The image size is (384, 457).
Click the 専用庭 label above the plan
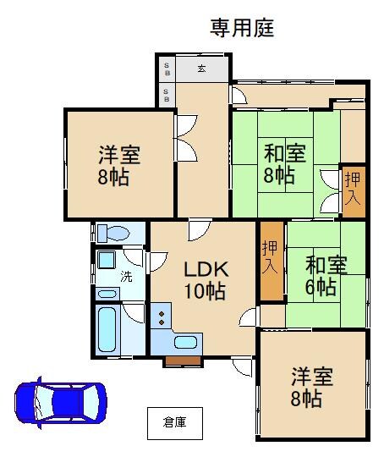click(242, 28)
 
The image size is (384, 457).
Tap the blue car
click(61, 403)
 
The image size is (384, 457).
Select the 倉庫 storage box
click(175, 423)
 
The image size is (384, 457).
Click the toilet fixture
click(113, 233)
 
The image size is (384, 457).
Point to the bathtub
click(107, 330)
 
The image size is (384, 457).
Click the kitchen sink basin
click(185, 342)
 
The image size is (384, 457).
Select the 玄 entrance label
click(202, 69)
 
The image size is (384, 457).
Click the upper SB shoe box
click(167, 69)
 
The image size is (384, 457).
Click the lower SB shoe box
click(167, 96)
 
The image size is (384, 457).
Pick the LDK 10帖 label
click(206, 280)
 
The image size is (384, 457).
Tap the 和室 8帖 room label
click(285, 164)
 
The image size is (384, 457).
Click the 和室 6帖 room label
click(326, 276)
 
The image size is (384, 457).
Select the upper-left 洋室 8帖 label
click(119, 166)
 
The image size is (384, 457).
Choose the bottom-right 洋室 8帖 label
click(312, 387)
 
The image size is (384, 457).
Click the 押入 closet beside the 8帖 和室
click(354, 192)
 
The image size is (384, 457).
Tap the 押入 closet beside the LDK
click(272, 261)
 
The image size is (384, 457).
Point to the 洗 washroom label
click(126, 276)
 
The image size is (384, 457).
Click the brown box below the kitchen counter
click(183, 361)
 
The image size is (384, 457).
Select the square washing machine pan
click(106, 260)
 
